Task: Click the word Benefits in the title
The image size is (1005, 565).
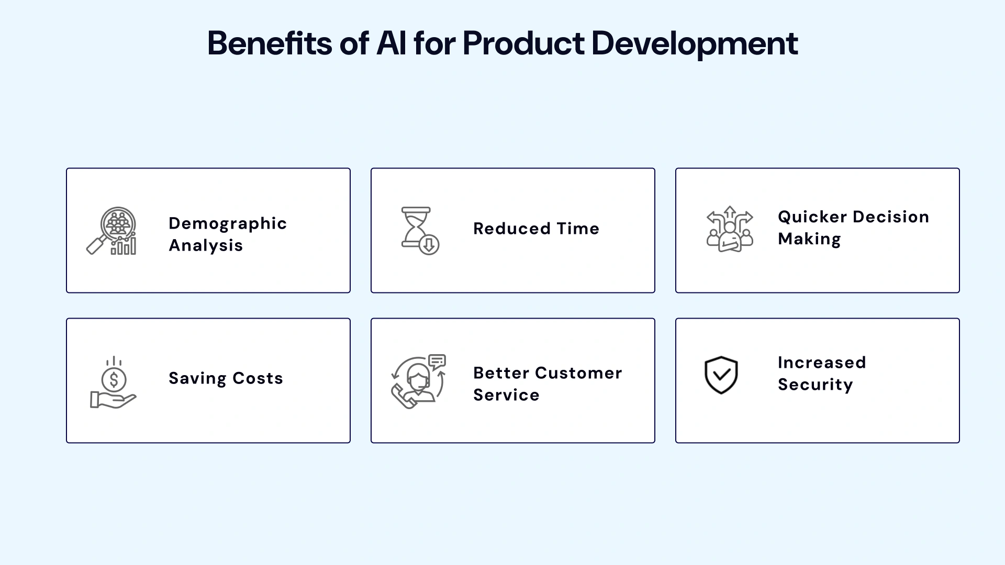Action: [x=269, y=43]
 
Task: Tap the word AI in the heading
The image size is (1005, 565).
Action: [x=391, y=43]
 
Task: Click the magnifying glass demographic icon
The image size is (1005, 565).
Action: [x=112, y=231]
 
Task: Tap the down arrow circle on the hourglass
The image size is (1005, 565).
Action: [x=429, y=244]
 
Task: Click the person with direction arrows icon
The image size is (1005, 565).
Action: [x=730, y=229]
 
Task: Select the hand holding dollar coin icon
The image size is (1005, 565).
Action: [x=113, y=383]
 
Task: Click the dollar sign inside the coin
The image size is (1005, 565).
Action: [x=114, y=379]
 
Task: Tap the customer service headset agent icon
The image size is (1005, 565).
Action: [x=419, y=382]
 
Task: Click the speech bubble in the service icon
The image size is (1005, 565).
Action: [x=437, y=361]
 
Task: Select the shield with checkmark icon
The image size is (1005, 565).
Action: [x=721, y=375]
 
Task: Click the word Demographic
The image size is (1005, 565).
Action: [x=228, y=223]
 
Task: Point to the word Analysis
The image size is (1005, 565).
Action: [x=206, y=245]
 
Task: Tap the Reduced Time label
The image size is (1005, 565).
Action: [x=536, y=229]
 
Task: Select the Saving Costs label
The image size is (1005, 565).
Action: [x=226, y=378]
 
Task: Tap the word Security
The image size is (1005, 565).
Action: [x=815, y=385]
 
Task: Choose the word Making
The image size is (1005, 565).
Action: [x=809, y=239]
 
